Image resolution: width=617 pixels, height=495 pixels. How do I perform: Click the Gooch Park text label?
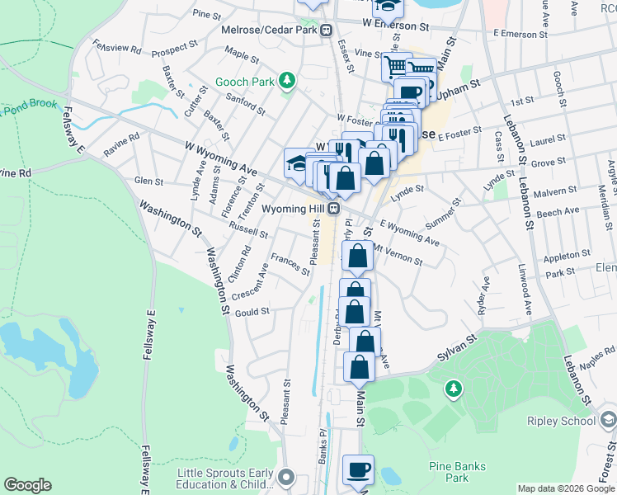click(x=245, y=82)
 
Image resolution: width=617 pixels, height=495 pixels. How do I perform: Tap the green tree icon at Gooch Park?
click(x=286, y=81)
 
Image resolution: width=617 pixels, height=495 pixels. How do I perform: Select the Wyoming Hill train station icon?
click(x=334, y=208)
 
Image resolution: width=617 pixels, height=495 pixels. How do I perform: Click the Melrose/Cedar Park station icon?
click(x=327, y=30)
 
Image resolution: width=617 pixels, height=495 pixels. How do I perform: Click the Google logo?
click(x=28, y=485)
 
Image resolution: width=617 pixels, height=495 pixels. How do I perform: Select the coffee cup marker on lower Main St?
click(x=358, y=470)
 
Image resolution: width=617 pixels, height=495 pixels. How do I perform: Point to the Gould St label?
click(x=252, y=312)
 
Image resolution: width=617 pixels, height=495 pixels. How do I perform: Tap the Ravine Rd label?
click(x=121, y=146)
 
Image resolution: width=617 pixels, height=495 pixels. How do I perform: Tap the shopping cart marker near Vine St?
click(x=397, y=66)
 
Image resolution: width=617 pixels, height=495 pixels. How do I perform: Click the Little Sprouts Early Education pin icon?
click(x=286, y=477)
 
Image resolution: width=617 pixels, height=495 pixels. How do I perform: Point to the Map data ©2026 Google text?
click(x=566, y=488)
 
